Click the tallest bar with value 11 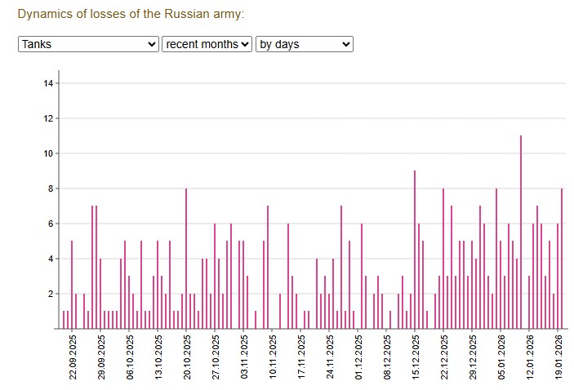pos(520,233)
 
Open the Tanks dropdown pos(88,44)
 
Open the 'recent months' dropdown pos(207,44)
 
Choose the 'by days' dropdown pos(304,44)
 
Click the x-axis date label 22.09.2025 pos(73,357)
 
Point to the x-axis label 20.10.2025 pos(187,357)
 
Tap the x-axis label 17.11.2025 pos(301,357)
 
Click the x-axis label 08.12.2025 pos(387,357)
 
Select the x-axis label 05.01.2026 pos(501,357)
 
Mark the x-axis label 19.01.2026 pos(558,357)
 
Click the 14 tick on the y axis pos(48,83)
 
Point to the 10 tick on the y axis pos(48,153)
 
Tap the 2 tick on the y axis pos(50,294)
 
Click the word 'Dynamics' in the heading pos(45,15)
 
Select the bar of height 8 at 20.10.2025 pos(186,259)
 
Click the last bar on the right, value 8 pos(562,259)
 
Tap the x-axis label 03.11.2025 pos(244,357)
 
